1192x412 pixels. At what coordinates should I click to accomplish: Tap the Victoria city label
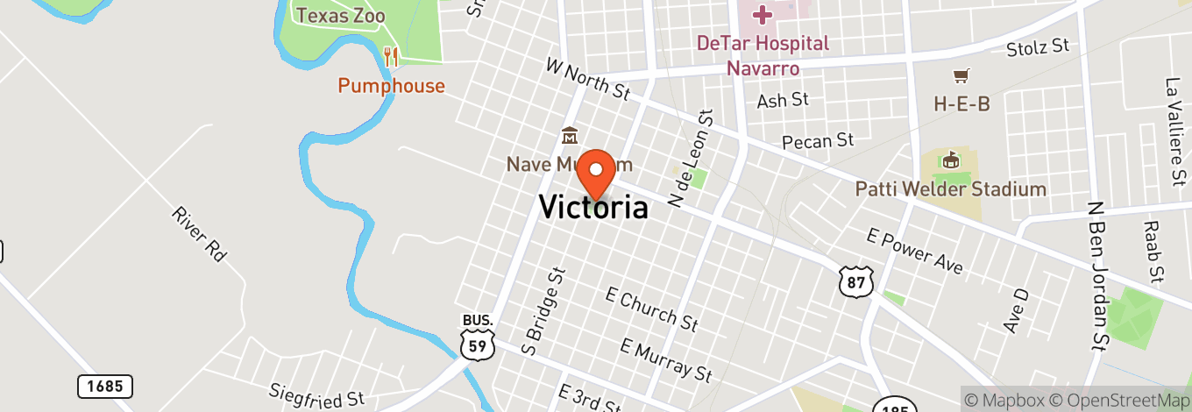[593, 208]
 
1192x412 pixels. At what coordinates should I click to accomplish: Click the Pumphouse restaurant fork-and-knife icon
[391, 58]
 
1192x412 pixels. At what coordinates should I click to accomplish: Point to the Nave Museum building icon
[569, 137]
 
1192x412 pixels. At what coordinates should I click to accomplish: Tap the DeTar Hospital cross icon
[762, 14]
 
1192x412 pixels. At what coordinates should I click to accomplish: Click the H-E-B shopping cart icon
[961, 76]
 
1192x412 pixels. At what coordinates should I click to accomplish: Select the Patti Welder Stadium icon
[950, 160]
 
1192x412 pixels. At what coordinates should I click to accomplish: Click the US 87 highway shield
[855, 279]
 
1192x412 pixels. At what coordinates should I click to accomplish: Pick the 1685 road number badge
[105, 386]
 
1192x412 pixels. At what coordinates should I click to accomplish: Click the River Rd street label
[199, 234]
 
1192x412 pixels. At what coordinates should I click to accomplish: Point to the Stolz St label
[1038, 46]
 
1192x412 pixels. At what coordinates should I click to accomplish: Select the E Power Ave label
[914, 251]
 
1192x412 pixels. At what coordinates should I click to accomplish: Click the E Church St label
[651, 309]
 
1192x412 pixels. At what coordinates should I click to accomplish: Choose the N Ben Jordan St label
[1096, 273]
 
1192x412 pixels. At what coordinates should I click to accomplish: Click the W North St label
[587, 78]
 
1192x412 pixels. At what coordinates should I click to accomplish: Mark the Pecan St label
[818, 139]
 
